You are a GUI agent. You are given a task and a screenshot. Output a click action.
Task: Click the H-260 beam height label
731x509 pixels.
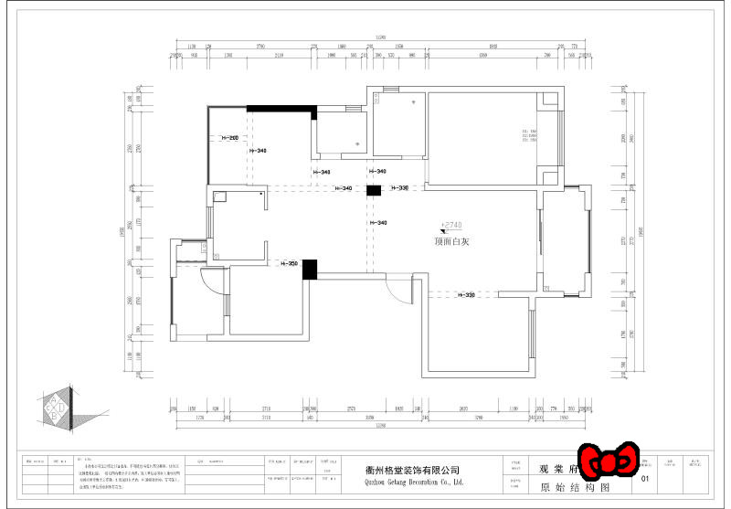(x=229, y=139)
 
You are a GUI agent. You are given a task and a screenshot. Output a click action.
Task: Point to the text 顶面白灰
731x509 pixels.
(x=452, y=242)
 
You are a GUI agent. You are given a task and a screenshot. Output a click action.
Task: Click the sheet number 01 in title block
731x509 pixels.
(x=646, y=478)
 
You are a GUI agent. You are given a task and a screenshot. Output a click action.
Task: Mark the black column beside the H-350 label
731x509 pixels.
(x=310, y=269)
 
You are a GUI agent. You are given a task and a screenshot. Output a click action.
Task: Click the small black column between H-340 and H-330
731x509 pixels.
(x=373, y=190)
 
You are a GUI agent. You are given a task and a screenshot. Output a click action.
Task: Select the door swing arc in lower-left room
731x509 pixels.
(x=211, y=281)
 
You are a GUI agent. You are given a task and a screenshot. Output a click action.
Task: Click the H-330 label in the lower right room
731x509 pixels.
(x=465, y=295)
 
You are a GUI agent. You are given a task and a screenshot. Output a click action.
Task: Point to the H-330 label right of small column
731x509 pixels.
(x=399, y=188)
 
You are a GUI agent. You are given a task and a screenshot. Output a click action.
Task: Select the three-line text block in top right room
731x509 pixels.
(x=529, y=137)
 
